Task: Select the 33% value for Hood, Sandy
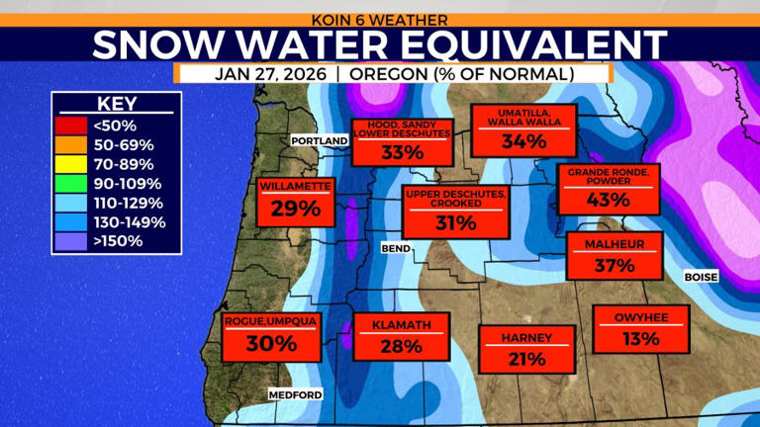(403, 152)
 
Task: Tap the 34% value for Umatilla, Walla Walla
(523, 141)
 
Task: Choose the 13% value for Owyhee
(640, 339)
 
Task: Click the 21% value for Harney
(525, 358)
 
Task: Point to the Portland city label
(320, 141)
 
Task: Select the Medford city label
(295, 395)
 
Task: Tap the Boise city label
(701, 278)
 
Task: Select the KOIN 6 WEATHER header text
(379, 19)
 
